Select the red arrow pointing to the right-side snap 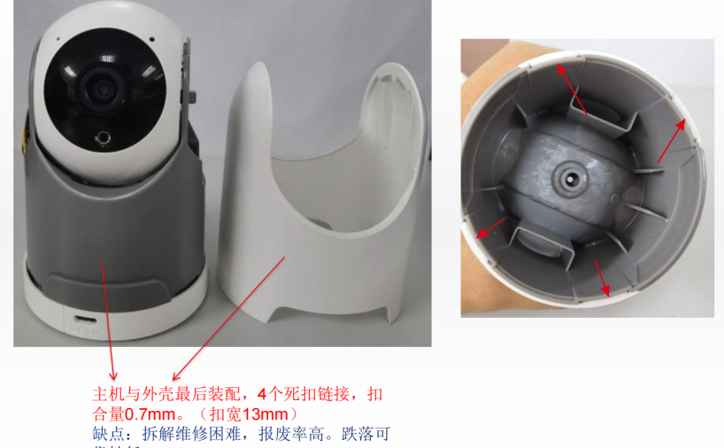670,141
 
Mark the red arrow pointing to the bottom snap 603,277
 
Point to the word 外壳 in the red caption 158,393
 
